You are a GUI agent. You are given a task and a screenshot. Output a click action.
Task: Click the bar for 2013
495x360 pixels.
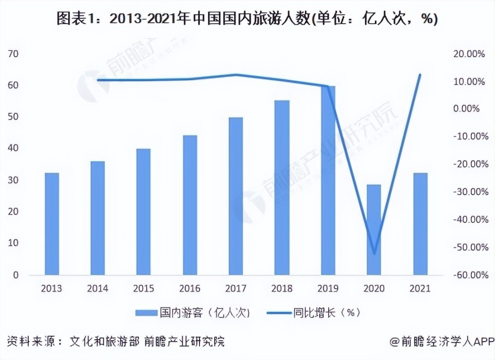(52, 224)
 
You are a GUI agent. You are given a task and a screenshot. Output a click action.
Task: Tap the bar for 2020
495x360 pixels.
(374, 229)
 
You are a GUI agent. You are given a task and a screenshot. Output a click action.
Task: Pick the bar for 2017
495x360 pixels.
(236, 196)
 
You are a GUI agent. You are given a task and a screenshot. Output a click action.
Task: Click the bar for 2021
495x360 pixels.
(420, 224)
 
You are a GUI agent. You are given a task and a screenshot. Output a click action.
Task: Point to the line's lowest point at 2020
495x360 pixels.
(374, 254)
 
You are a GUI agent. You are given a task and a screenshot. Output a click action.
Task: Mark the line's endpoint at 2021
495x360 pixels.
(420, 75)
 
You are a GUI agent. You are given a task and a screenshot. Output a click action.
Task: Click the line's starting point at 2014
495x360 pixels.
(98, 80)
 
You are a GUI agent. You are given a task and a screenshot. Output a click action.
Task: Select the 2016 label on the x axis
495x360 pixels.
(190, 288)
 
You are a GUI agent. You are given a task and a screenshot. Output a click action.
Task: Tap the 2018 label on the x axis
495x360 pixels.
(282, 288)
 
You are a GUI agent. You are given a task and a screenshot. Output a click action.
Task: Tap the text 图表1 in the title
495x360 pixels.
(72, 18)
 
